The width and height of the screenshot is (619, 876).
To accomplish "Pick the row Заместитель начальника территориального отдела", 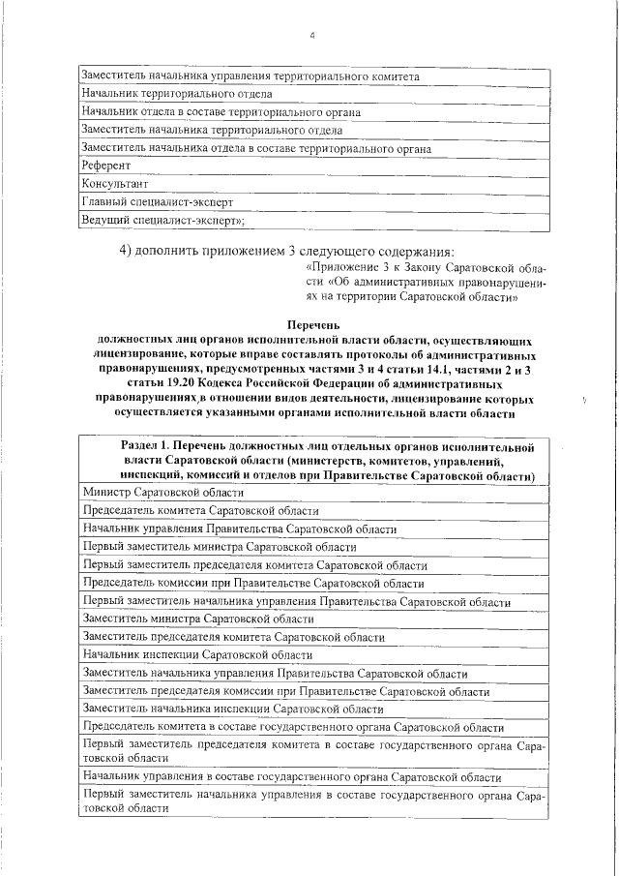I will [213, 130].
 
